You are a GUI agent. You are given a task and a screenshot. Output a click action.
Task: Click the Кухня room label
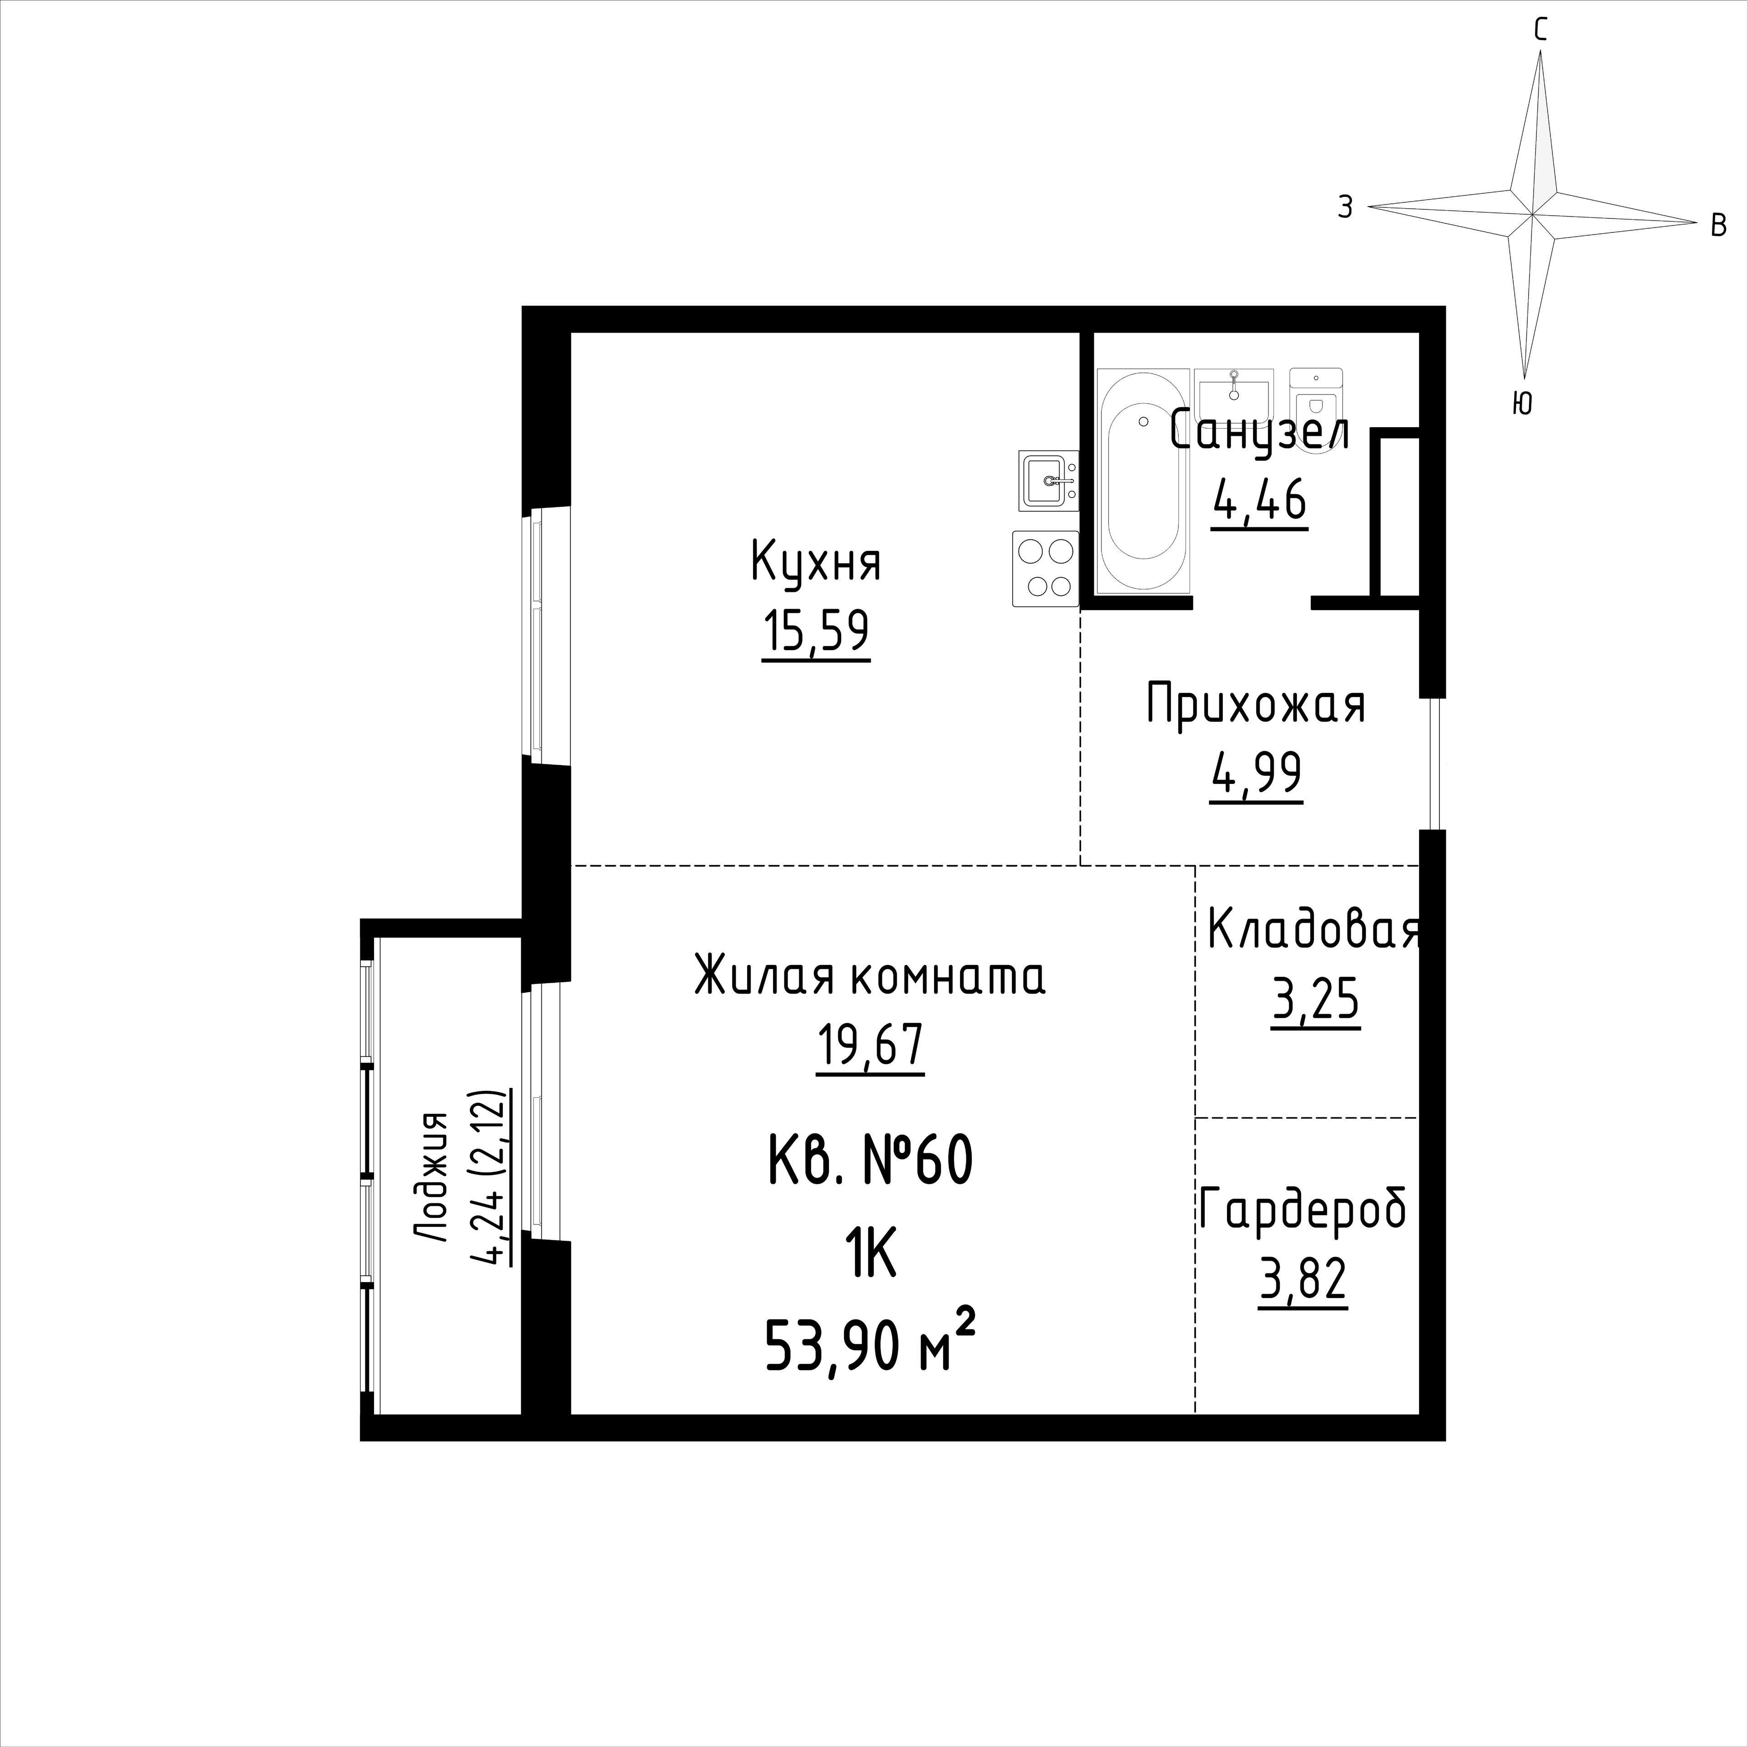click(x=816, y=562)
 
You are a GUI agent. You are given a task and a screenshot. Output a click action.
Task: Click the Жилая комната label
click(x=870, y=976)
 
